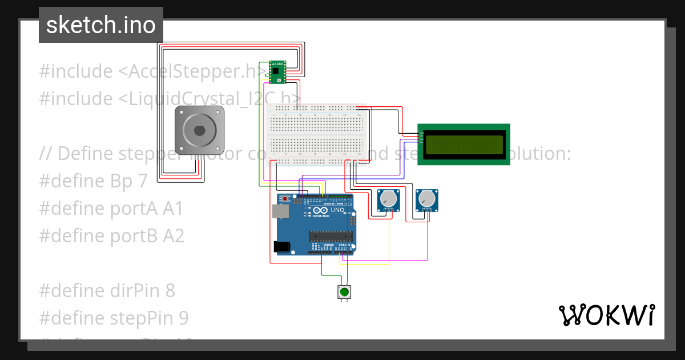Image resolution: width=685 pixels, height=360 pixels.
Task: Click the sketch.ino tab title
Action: tap(101, 25)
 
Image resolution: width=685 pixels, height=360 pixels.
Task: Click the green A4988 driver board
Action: tap(277, 71)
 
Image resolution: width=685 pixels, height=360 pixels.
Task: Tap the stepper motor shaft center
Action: tap(199, 130)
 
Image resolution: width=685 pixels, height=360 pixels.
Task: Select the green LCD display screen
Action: tap(464, 145)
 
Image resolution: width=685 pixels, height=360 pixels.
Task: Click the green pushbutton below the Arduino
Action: tap(344, 292)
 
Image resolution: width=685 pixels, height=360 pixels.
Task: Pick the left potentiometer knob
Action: tap(388, 199)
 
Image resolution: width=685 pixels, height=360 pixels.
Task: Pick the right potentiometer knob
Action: tap(426, 199)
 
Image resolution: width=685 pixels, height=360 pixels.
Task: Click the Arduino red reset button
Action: tap(285, 198)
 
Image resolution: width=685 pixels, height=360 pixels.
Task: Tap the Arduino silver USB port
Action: tap(280, 211)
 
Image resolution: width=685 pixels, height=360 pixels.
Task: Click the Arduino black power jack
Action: tap(281, 246)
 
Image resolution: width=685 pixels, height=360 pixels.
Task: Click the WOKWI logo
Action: tap(606, 315)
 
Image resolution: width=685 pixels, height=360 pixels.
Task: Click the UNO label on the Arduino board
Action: tap(338, 210)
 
